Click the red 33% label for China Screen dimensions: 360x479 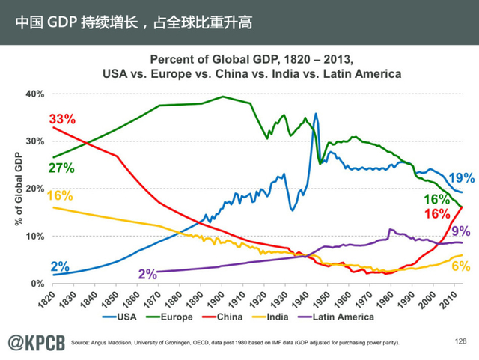[x=62, y=119]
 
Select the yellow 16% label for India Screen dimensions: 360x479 [x=60, y=196]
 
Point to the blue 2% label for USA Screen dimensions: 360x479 [x=60, y=266]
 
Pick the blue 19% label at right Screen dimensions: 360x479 [x=461, y=178]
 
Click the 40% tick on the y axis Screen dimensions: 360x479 [x=35, y=94]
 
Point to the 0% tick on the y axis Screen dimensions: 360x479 [x=38, y=284]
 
